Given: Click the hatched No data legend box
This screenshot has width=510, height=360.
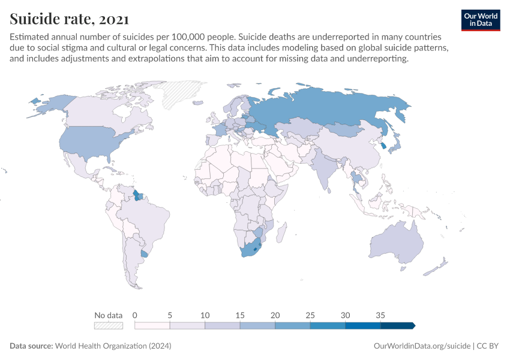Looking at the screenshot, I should [x=109, y=325].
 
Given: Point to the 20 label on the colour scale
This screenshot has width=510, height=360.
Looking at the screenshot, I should [x=275, y=315].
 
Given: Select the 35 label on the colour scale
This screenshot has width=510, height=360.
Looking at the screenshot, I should [x=380, y=315].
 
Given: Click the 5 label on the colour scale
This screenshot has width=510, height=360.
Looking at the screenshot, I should [x=170, y=315].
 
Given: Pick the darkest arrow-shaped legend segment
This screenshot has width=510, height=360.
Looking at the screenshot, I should [x=397, y=325].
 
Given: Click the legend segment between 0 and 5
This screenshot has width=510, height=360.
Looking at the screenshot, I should [x=152, y=325].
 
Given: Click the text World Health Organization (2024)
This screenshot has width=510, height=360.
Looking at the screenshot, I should [x=113, y=346].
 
